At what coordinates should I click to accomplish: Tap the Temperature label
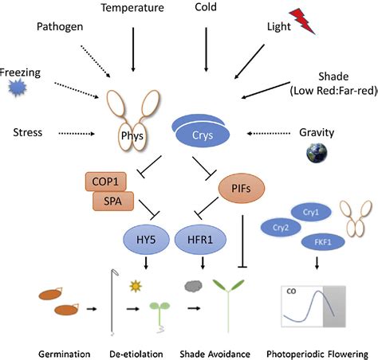(x=133, y=8)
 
